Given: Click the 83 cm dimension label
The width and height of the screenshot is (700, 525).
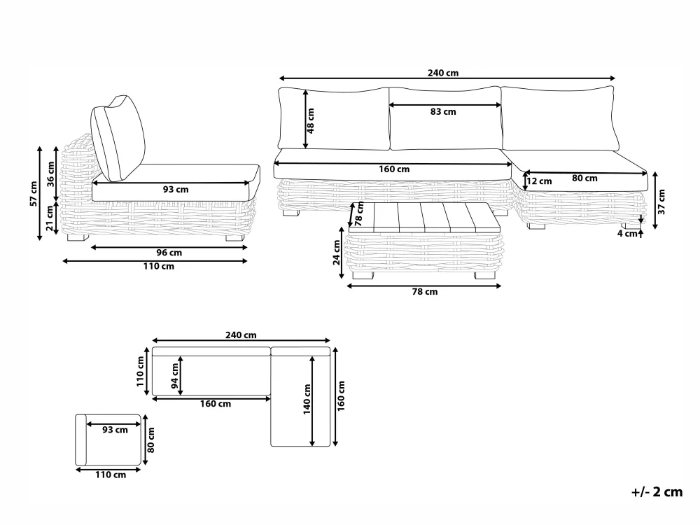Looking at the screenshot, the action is click(x=443, y=111).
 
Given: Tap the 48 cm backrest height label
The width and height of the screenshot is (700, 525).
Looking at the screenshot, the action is click(x=311, y=120).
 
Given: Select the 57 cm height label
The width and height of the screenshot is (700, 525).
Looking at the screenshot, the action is click(x=34, y=193).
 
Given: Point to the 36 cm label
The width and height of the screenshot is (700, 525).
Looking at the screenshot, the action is click(x=51, y=174).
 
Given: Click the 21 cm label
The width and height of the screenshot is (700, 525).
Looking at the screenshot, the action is click(x=50, y=218).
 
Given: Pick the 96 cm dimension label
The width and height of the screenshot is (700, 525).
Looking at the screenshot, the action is click(x=169, y=253).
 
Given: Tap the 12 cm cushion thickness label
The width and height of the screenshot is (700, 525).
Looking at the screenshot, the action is click(x=539, y=181).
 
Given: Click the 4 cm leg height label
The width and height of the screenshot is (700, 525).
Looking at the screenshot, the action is click(x=627, y=234).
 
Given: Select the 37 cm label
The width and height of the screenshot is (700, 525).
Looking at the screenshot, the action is click(x=661, y=202).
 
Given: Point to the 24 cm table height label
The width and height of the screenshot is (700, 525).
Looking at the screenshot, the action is click(x=337, y=252).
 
